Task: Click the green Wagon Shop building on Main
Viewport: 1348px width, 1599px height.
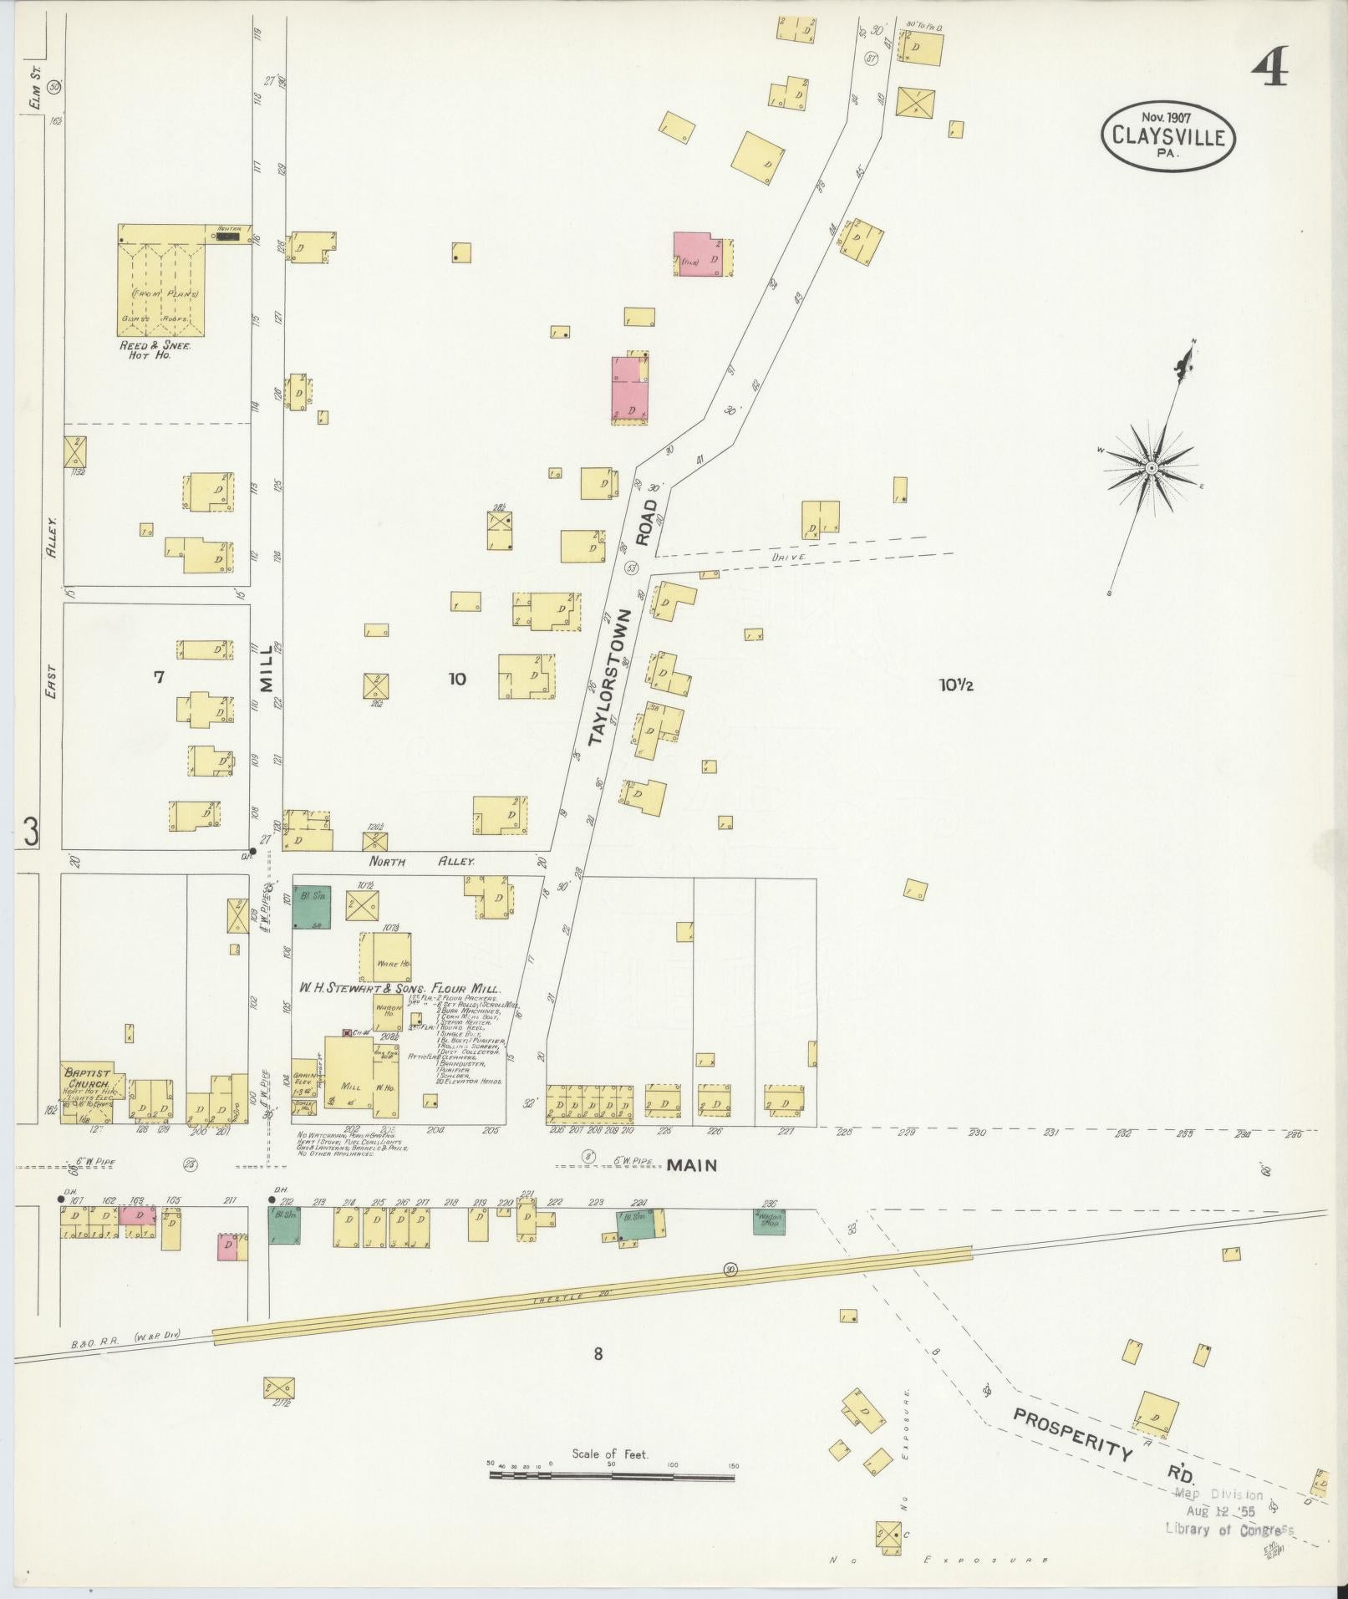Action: (768, 1222)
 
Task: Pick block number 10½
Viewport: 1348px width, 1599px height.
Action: (956, 685)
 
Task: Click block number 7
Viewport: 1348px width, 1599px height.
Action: (158, 677)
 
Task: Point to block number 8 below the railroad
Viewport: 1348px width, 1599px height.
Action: (598, 1354)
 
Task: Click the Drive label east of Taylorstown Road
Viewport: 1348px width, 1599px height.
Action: (788, 556)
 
